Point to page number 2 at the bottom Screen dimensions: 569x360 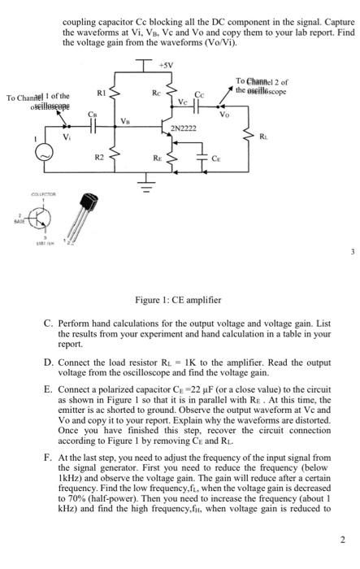pos(344,562)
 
